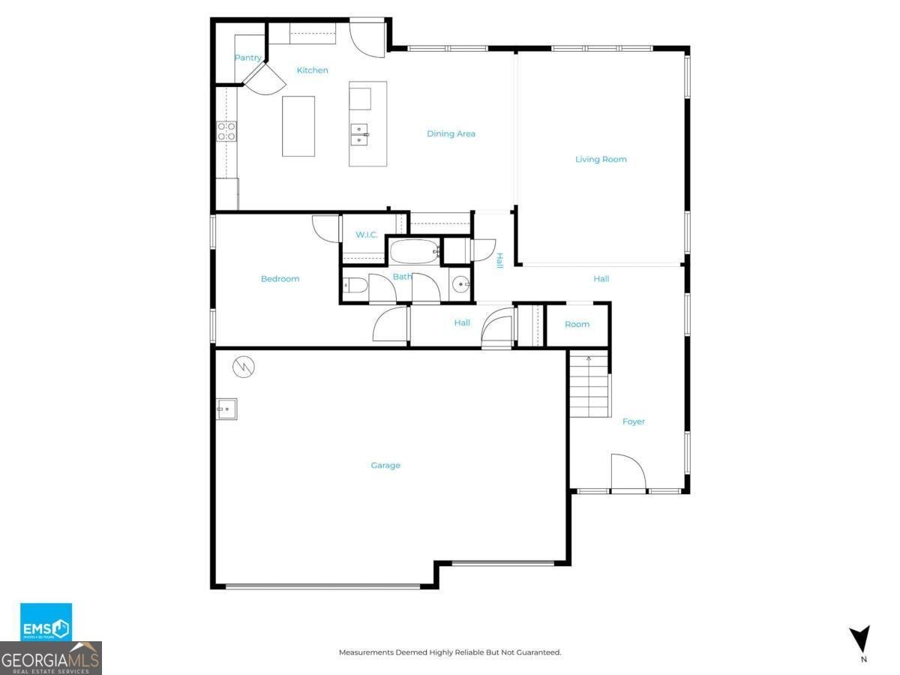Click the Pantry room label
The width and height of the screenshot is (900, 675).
click(x=247, y=58)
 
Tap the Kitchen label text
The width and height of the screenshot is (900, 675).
click(x=312, y=70)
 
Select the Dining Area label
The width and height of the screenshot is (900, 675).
click(x=451, y=134)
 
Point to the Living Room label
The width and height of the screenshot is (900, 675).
click(x=601, y=159)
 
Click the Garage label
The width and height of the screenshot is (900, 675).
click(x=385, y=466)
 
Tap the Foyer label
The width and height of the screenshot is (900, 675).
click(x=634, y=421)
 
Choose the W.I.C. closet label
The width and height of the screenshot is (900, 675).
click(x=367, y=235)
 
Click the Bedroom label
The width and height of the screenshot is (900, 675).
click(x=280, y=279)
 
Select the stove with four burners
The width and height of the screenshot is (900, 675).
click(x=226, y=132)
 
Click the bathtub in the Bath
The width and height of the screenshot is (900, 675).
click(x=414, y=251)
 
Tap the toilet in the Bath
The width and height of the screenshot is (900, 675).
click(x=355, y=285)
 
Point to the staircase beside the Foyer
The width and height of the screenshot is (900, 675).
click(x=589, y=386)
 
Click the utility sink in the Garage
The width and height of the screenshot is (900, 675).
click(x=226, y=409)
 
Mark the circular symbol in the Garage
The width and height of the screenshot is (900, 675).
click(x=244, y=367)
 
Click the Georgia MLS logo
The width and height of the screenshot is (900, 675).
click(x=51, y=658)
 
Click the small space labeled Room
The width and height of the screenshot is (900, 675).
click(x=577, y=325)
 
